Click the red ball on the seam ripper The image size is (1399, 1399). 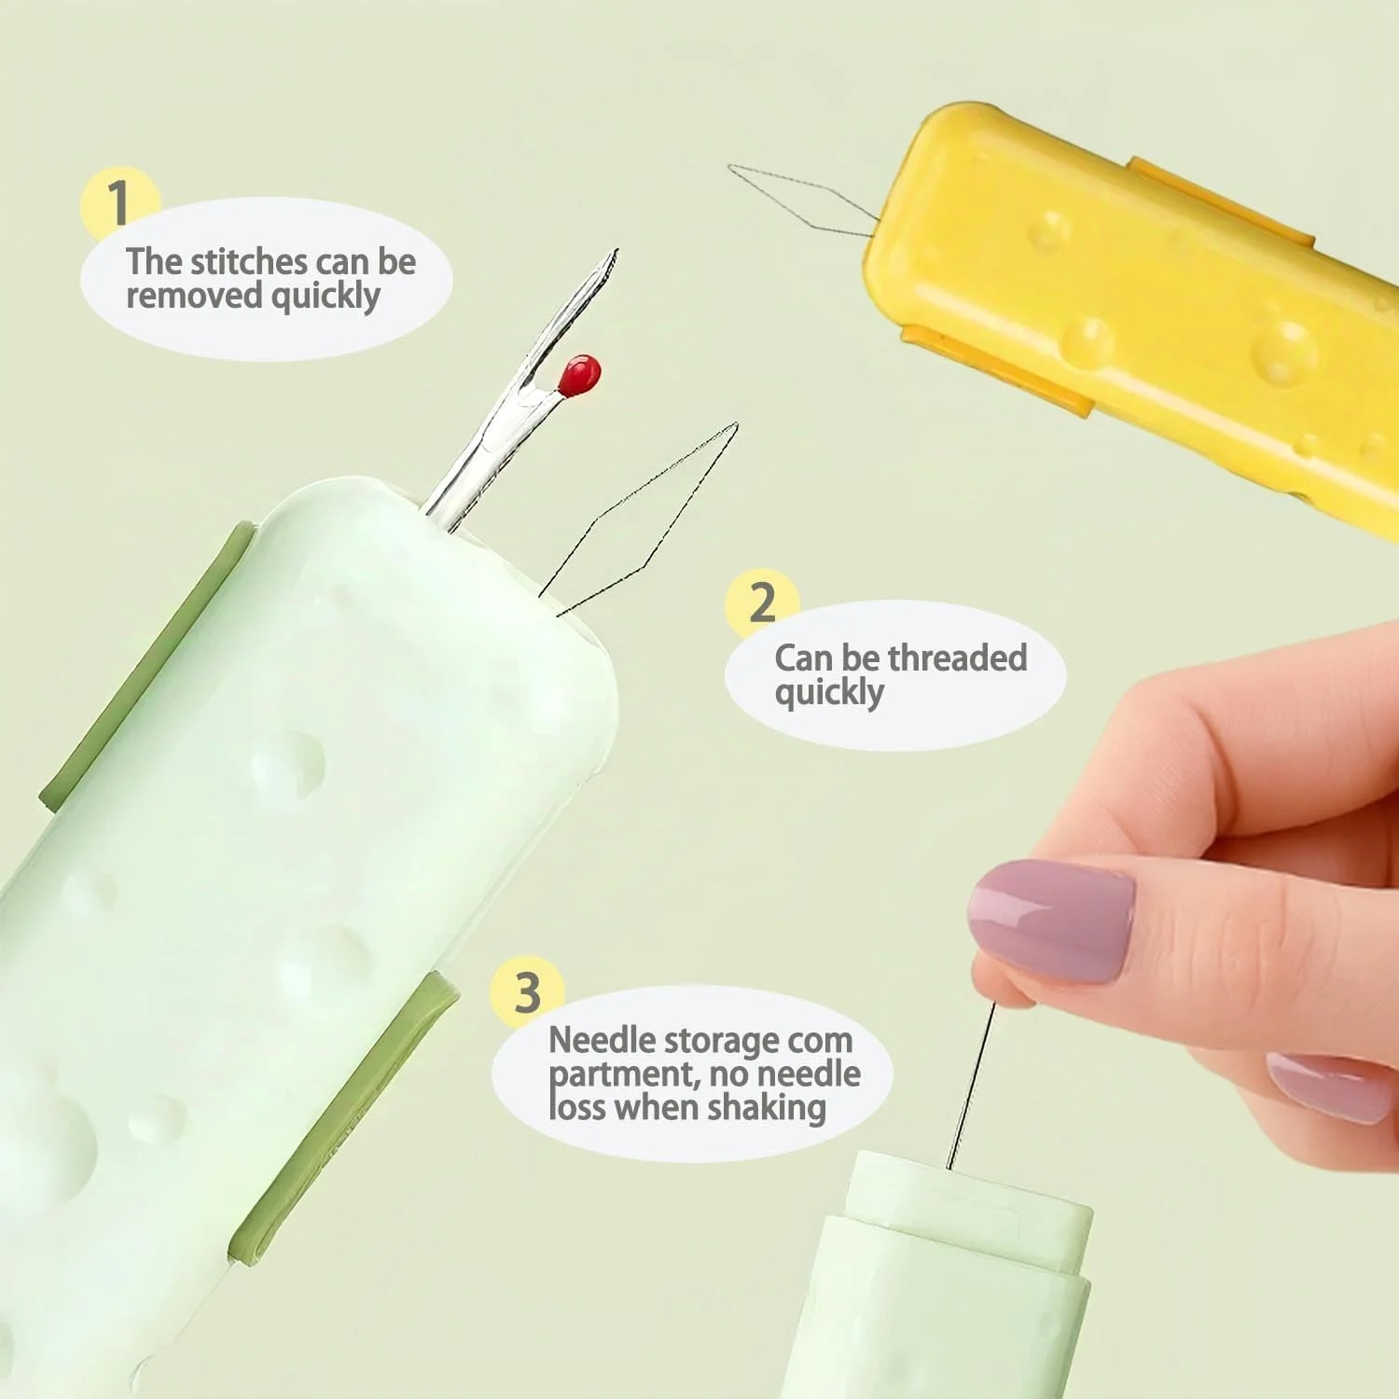point(579,375)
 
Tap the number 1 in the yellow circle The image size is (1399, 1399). point(118,201)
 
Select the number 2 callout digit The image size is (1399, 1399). point(762,602)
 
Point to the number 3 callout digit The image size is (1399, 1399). point(528,992)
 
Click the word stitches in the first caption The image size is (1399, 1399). point(248,262)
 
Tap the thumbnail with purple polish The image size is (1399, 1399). point(1051,920)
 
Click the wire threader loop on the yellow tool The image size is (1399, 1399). point(802,199)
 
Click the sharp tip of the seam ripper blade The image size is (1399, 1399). point(615,251)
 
